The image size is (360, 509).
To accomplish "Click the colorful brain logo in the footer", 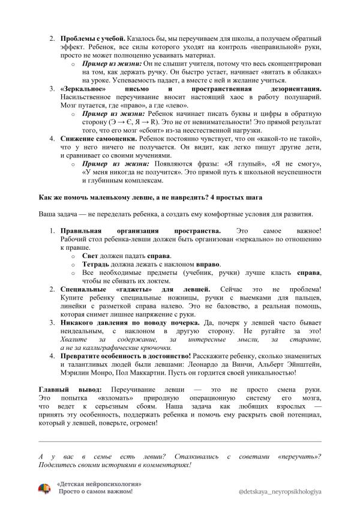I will click(x=44, y=487).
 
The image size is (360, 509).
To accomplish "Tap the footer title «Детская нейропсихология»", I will click(x=99, y=483).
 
